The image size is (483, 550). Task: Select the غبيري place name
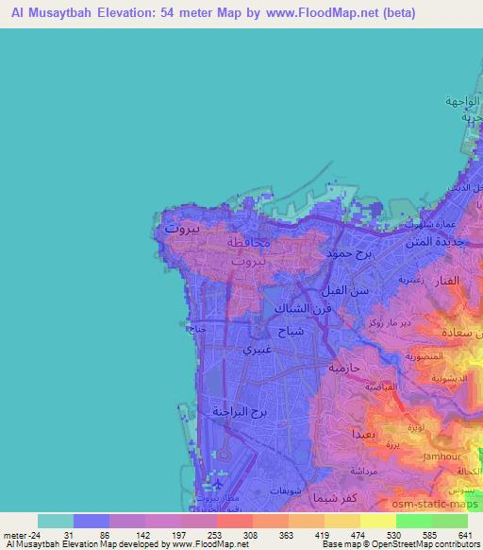260,348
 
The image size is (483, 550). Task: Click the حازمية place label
345,367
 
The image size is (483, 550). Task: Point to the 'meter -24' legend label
21,535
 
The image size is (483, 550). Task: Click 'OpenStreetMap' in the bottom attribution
401,544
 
